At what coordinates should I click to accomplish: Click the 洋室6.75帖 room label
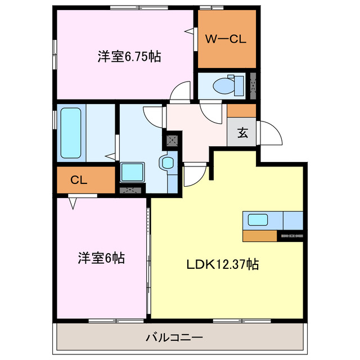click(x=129, y=56)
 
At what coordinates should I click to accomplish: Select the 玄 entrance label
click(x=242, y=133)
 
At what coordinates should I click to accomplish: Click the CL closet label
click(x=78, y=180)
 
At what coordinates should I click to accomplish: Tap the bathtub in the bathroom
click(x=70, y=133)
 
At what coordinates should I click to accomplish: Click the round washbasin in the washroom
click(x=168, y=164)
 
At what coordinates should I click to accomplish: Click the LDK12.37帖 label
click(x=223, y=264)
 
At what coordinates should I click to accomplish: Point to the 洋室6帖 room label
click(x=101, y=258)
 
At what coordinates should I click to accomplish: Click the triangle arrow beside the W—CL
click(x=190, y=33)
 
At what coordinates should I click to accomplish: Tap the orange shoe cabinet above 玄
click(x=242, y=110)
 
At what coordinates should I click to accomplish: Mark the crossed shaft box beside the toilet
click(x=253, y=85)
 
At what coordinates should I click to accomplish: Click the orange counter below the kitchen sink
click(x=260, y=236)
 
